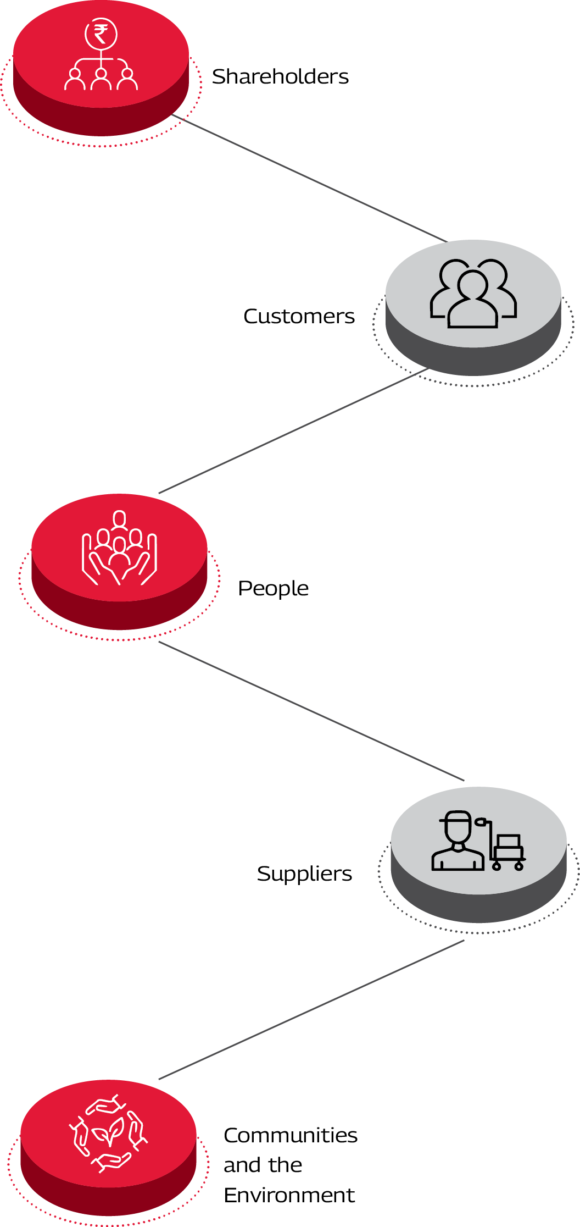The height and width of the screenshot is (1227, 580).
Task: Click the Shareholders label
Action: tap(280, 76)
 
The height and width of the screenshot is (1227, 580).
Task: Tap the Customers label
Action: tap(299, 316)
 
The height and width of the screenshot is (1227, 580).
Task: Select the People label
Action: tap(273, 588)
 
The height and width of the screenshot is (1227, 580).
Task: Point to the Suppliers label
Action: tap(304, 874)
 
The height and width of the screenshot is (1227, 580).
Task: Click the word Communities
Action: tap(291, 1135)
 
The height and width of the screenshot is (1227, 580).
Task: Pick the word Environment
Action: tap(289, 1195)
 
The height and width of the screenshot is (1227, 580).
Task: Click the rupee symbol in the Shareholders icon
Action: tap(101, 35)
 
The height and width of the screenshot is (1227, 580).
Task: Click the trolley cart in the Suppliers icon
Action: tap(506, 849)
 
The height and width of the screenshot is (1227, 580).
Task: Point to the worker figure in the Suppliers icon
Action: tap(458, 841)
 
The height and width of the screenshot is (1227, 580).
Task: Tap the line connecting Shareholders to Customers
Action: tap(310, 179)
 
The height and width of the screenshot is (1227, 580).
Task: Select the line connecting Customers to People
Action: tap(293, 431)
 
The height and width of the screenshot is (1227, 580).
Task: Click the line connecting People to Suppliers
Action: tap(311, 711)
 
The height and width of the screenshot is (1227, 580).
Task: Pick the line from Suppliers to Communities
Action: tap(311, 1010)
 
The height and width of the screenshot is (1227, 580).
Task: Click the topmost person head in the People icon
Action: tap(119, 518)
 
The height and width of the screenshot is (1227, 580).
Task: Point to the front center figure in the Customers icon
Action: tap(473, 300)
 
